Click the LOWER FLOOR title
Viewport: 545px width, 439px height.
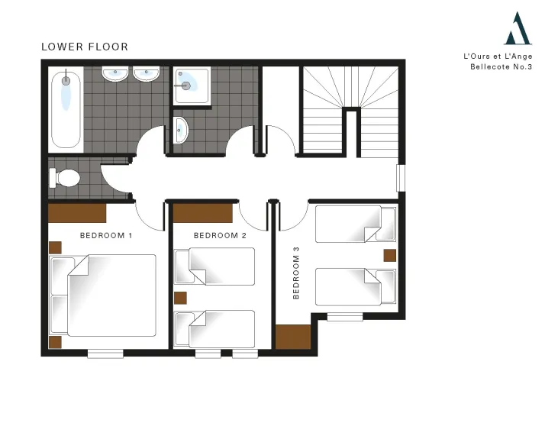(x=85, y=47)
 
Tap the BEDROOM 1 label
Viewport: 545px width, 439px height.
(x=106, y=236)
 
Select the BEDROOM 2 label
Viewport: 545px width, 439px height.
(x=220, y=236)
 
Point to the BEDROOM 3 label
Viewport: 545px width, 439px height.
(x=296, y=273)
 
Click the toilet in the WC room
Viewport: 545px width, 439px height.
(x=65, y=178)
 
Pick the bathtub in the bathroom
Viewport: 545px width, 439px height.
(x=66, y=109)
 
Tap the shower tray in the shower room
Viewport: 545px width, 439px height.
(x=192, y=86)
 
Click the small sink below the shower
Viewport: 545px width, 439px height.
(x=181, y=131)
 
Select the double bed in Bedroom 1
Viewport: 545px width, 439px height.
(x=103, y=295)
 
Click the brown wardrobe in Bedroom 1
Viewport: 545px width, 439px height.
(x=77, y=213)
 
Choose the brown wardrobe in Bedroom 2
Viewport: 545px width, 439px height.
(x=202, y=213)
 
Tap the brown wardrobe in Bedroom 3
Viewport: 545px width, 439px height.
(x=293, y=337)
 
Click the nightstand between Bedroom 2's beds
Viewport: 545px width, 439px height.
(x=180, y=298)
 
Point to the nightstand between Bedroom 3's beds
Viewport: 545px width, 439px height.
(x=390, y=256)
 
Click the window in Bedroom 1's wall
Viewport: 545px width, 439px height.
(x=105, y=353)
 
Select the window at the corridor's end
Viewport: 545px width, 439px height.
(x=401, y=178)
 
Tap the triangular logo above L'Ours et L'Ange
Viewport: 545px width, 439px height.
(x=518, y=28)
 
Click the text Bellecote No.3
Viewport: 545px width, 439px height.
(x=501, y=66)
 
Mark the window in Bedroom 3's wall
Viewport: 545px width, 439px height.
(x=345, y=317)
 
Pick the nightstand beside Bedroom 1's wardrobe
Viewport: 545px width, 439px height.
(x=55, y=248)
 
